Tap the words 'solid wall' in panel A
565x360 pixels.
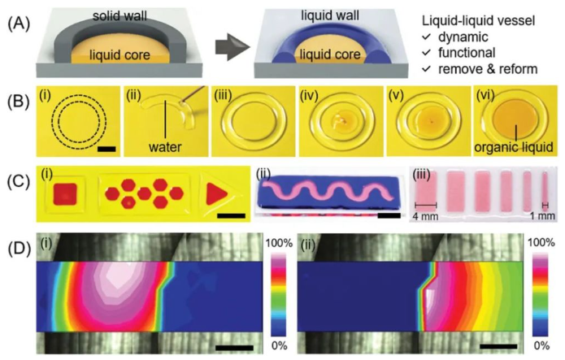(98, 15)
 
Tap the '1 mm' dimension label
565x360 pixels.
(545, 216)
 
